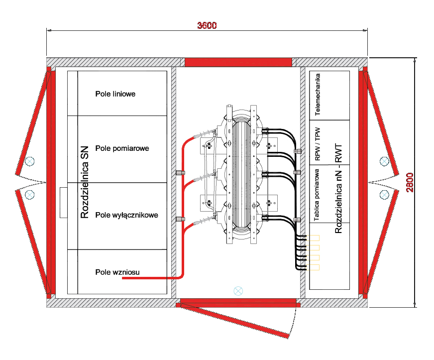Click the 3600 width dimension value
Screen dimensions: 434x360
[x=207, y=25]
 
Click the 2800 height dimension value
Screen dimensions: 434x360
[x=410, y=182]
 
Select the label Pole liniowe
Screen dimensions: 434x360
[x=115, y=94]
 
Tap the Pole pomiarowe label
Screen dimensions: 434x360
[x=122, y=148]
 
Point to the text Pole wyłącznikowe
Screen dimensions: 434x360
[x=127, y=215]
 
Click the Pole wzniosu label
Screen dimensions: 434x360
[x=117, y=272]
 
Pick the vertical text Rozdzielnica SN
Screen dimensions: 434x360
[x=85, y=182]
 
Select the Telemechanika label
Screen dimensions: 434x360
[x=318, y=94]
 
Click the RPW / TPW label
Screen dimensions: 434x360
[x=318, y=144]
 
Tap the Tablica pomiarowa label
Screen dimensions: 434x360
[x=316, y=195]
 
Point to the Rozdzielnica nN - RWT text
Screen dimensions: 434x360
[x=338, y=188]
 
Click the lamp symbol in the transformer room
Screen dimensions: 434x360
[x=238, y=291]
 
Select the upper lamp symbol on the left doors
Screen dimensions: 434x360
[x=30, y=161]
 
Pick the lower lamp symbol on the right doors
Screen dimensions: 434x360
[x=384, y=195]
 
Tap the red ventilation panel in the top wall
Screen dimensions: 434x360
[x=238, y=62]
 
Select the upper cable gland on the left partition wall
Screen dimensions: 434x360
[x=181, y=172]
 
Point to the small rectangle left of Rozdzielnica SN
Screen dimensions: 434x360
[x=64, y=203]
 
